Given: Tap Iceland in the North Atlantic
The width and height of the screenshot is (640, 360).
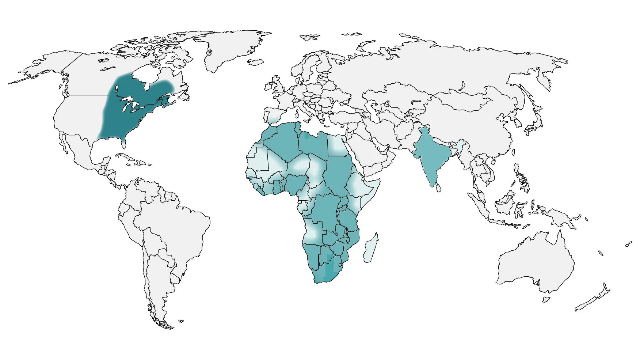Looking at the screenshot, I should tap(256, 62).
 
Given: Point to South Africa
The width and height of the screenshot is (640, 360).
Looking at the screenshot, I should tap(327, 272).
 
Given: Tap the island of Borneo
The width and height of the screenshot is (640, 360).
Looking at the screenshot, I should tap(506, 205).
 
